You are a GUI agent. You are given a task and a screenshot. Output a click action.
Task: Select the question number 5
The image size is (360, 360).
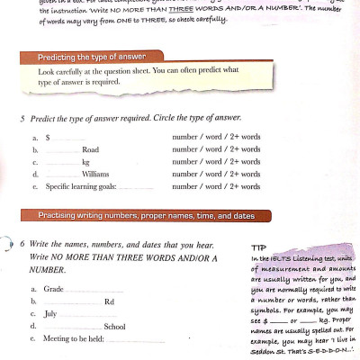[22, 118]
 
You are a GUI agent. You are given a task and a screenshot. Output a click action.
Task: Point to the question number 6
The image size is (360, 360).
[22, 244]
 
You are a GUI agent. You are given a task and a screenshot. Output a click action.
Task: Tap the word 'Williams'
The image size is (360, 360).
[94, 174]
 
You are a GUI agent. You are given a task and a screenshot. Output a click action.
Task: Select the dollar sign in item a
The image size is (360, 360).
[47, 137]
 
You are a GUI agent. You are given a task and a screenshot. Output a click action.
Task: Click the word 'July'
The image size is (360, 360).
[50, 313]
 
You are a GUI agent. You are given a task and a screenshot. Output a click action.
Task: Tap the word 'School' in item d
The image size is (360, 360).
[114, 326]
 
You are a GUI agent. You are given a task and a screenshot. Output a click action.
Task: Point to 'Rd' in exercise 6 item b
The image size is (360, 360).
[109, 301]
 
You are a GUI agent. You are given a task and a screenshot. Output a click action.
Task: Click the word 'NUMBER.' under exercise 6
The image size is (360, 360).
[49, 269]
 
